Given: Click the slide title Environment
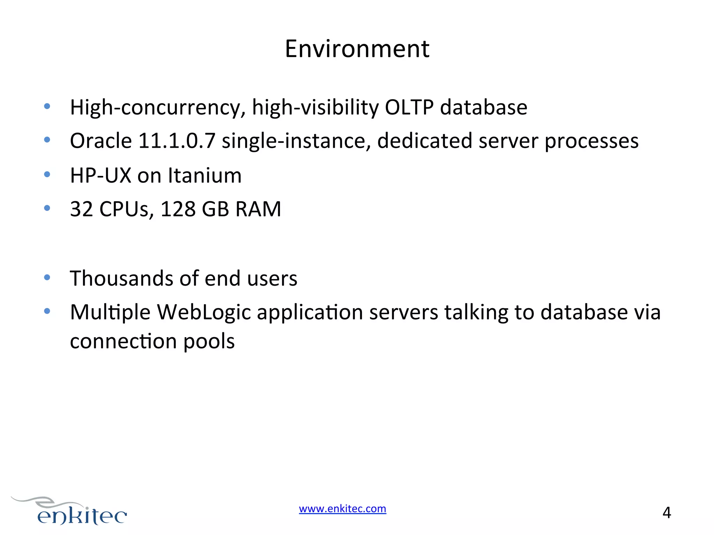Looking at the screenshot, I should tap(357, 49).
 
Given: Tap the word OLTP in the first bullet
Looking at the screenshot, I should tap(409, 107).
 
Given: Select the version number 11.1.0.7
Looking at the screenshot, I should tap(177, 141).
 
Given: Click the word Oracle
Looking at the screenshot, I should tap(101, 141).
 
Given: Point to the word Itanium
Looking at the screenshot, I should tap(205, 175).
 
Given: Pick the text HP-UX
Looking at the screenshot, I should tap(100, 175).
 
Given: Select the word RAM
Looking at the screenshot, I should tap(258, 209).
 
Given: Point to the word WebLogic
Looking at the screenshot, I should tap(204, 312).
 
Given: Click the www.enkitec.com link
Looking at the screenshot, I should tap(342, 509).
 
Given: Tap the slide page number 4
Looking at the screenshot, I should tap(667, 513).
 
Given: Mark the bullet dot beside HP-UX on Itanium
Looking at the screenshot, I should tap(47, 174).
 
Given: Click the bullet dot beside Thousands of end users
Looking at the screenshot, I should tap(47, 277).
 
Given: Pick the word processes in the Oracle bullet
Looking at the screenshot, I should tap(591, 141).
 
